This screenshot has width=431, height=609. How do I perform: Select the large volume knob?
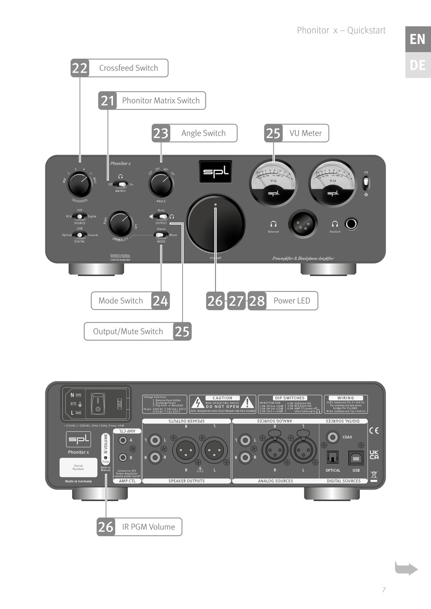[x=215, y=224]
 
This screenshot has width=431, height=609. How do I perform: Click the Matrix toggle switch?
[x=120, y=184]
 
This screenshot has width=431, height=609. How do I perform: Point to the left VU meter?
[x=274, y=183]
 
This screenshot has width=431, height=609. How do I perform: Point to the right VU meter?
[x=333, y=183]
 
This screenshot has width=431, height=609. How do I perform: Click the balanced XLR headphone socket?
[x=303, y=223]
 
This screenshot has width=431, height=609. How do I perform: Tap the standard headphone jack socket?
[x=351, y=223]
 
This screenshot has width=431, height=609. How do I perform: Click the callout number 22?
[x=80, y=68]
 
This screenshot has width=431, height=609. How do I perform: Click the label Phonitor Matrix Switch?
[x=161, y=101]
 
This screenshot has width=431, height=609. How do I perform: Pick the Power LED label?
[x=292, y=301]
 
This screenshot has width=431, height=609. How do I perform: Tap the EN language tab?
[x=417, y=39]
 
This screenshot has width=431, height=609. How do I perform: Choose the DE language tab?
[x=417, y=65]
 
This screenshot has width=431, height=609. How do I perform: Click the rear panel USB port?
[x=356, y=458]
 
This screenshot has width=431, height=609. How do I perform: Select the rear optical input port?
[x=333, y=457]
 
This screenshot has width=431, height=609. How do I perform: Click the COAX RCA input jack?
[x=333, y=437]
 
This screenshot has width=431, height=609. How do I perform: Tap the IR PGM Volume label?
[x=148, y=527]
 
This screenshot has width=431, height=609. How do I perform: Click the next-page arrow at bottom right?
[x=406, y=568]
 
